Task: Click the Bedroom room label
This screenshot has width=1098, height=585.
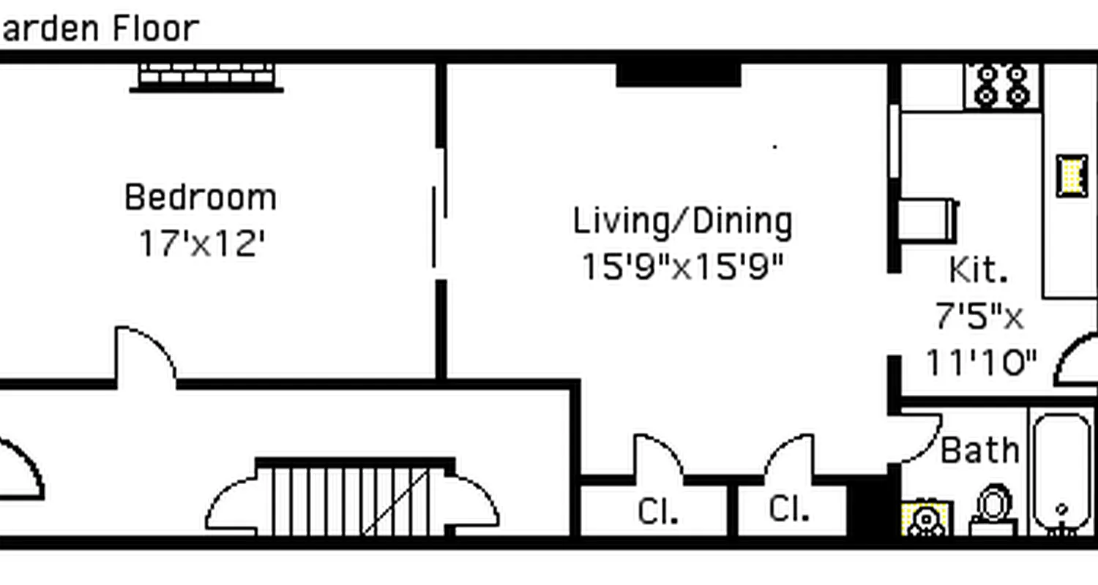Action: [201, 197]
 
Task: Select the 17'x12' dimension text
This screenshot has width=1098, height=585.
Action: [201, 244]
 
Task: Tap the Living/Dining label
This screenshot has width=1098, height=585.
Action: [682, 222]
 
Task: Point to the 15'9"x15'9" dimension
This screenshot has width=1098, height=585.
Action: [682, 267]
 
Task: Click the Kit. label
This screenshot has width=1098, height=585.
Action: [979, 270]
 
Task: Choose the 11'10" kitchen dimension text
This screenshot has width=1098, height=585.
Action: [982, 362]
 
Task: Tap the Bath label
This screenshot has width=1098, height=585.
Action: [980, 450]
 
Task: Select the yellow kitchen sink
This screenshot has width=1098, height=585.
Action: [1072, 175]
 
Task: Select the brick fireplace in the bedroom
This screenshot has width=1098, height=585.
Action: [206, 76]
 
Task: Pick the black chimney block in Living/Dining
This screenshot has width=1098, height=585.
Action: [679, 75]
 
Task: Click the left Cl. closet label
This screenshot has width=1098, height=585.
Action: [657, 512]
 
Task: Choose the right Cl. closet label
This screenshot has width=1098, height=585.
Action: [789, 510]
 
